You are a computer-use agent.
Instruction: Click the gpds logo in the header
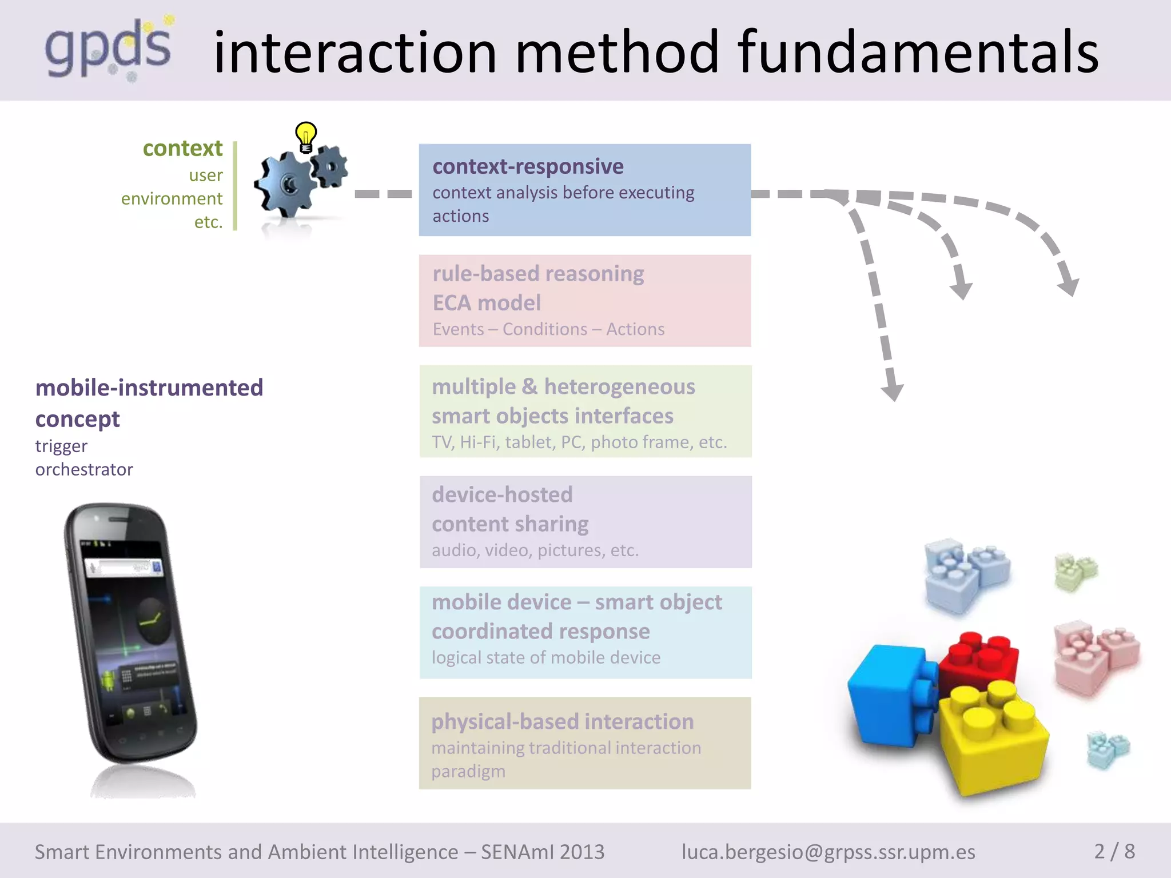[x=109, y=49]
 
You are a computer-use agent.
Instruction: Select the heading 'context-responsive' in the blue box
[x=528, y=166]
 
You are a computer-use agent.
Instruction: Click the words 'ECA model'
[x=487, y=303]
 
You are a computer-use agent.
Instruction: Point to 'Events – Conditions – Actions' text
[x=548, y=329]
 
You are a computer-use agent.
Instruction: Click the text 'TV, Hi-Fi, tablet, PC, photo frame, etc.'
[x=579, y=442]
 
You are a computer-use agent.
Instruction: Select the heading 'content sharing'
[x=510, y=524]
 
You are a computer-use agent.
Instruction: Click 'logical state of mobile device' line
[x=546, y=657]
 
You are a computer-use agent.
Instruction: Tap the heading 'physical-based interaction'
[x=563, y=721]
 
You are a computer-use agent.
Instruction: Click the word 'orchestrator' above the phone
[x=84, y=469]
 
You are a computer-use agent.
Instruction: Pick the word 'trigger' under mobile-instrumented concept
[x=61, y=446]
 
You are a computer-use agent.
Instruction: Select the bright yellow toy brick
[x=992, y=737]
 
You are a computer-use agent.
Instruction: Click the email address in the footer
[x=828, y=852]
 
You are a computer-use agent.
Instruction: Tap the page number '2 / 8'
[x=1114, y=851]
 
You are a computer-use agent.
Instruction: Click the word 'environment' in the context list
[x=172, y=198]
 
